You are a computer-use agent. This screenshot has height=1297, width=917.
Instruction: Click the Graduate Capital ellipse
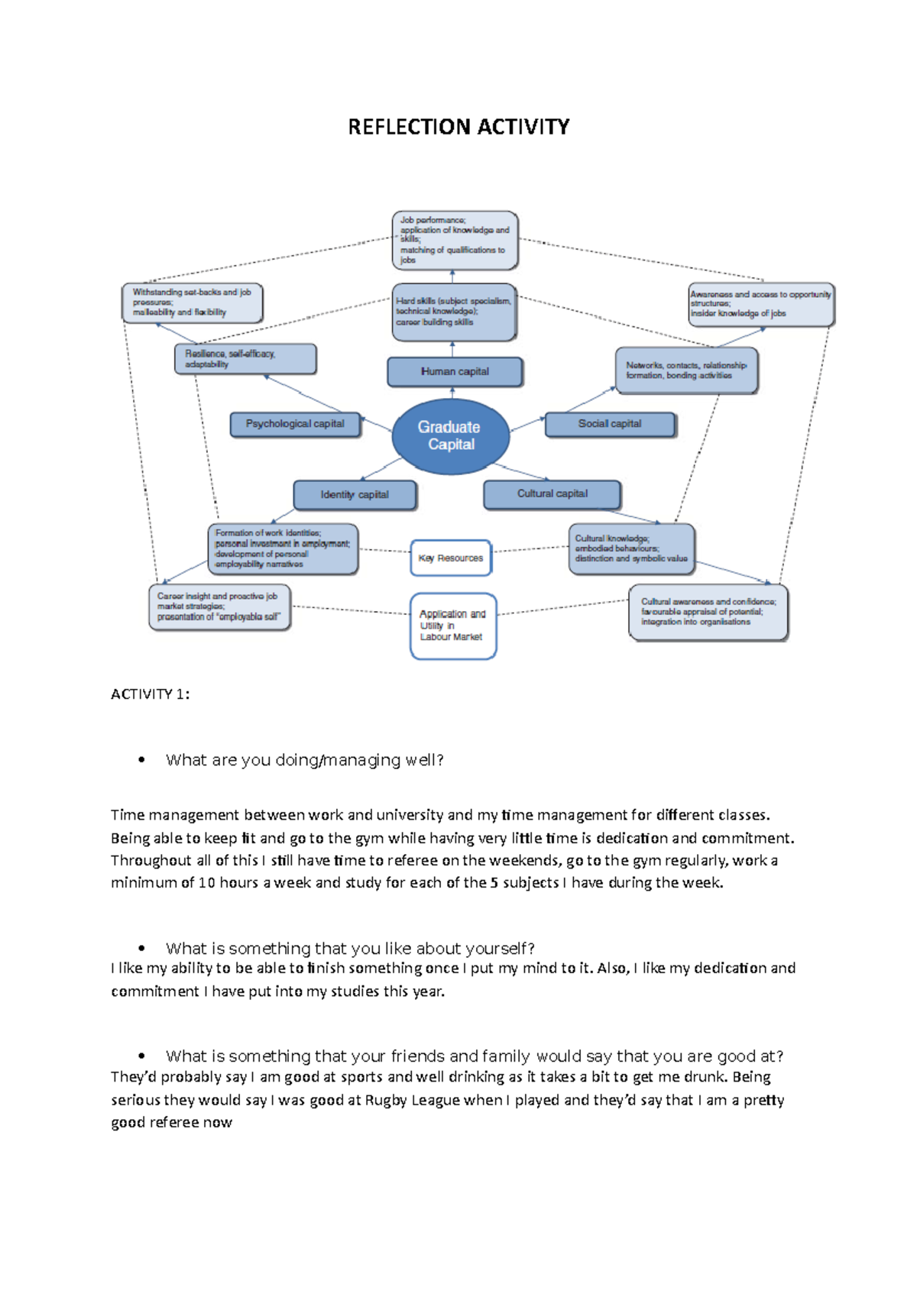point(450,436)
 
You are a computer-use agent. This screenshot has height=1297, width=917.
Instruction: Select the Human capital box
point(455,372)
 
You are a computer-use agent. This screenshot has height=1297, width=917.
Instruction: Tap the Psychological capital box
point(295,424)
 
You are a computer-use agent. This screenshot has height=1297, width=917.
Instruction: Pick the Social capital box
point(610,424)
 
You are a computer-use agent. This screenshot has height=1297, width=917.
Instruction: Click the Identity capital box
point(355,495)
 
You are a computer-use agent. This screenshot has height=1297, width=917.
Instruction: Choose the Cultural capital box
point(552,494)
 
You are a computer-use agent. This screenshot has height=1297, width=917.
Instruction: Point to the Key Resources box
point(451,558)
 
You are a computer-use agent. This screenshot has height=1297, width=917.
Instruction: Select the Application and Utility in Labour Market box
point(453,626)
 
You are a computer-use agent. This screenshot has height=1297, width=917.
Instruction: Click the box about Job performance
point(455,240)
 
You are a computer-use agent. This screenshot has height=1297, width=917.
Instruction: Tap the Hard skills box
point(454,312)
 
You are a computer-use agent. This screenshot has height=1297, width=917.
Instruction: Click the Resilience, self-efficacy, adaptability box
point(245,359)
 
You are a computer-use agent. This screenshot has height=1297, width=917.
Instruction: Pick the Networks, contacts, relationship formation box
point(686,370)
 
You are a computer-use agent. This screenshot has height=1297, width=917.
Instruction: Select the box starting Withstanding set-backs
point(192,302)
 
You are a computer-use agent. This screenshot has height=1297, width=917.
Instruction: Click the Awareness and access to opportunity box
point(760,304)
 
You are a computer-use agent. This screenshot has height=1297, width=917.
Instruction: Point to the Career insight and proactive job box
point(219,606)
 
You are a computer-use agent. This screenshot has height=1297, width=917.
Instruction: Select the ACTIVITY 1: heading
point(150,694)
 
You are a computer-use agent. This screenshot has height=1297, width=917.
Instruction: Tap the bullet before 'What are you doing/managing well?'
point(141,760)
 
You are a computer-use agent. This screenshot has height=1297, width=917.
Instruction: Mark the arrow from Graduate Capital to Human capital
point(452,393)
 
